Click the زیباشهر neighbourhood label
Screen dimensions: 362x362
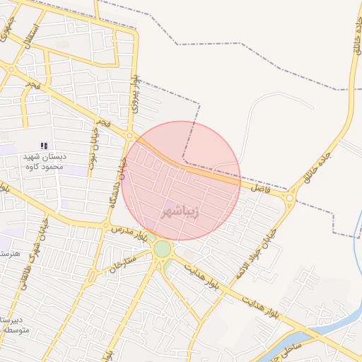pyautogui.click(x=180, y=211)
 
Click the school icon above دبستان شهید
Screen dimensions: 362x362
pyautogui.click(x=45, y=145)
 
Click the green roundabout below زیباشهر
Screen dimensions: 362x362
pyautogui.click(x=163, y=249)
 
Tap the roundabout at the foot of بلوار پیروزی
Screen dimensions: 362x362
pyautogui.click(x=130, y=135)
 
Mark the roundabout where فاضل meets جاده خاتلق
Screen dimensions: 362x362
pyautogui.click(x=291, y=199)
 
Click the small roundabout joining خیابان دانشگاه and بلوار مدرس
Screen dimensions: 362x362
pyautogui.click(x=107, y=228)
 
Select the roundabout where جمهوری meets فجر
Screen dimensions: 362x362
pyautogui.click(x=11, y=69)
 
